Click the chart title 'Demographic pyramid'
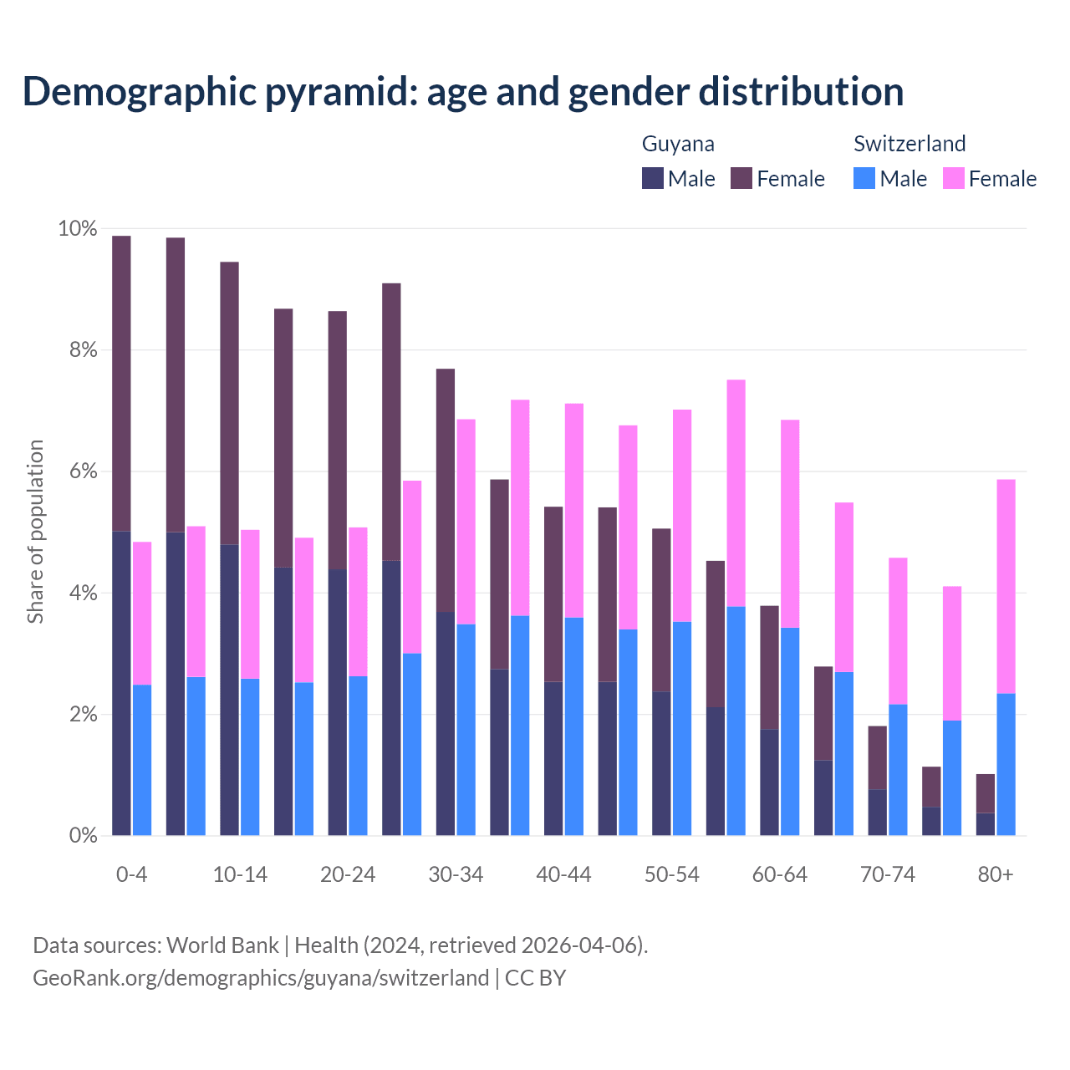(462, 92)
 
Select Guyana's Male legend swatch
(653, 178)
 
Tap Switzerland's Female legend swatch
(953, 178)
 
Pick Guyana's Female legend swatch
(741, 178)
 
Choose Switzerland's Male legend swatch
(864, 178)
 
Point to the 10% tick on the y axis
(77, 229)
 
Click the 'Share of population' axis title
(35, 532)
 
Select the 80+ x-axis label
(995, 874)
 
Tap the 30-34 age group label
(456, 874)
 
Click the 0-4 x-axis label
(131, 874)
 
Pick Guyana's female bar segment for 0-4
(121, 383)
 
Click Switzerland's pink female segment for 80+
(1006, 586)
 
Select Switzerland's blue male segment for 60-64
(790, 731)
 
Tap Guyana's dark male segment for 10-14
(229, 690)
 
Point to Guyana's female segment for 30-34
(446, 490)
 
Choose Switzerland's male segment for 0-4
(142, 760)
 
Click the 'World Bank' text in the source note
(222, 945)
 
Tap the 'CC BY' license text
(535, 978)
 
